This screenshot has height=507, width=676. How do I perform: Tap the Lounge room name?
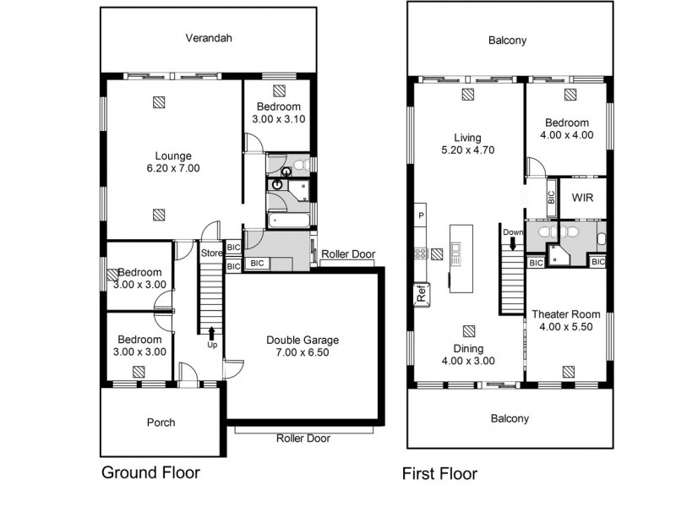[172, 155]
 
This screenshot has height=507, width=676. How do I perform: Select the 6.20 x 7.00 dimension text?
[172, 168]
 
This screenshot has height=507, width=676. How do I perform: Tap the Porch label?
[161, 422]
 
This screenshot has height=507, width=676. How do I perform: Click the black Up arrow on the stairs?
[211, 333]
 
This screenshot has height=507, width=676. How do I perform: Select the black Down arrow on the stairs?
[512, 244]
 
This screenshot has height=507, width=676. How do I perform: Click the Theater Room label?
[565, 314]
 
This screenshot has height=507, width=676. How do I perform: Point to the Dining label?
[467, 349]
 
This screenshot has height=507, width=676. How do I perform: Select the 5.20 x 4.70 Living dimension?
[467, 150]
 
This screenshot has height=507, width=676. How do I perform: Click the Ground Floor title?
[151, 472]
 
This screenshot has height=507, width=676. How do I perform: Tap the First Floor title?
[439, 473]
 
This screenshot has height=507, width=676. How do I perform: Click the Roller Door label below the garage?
[303, 439]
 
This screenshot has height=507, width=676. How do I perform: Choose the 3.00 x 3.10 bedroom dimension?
[278, 120]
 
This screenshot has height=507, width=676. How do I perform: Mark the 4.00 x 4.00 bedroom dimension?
[565, 134]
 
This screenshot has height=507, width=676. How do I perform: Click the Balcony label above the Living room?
[510, 40]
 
